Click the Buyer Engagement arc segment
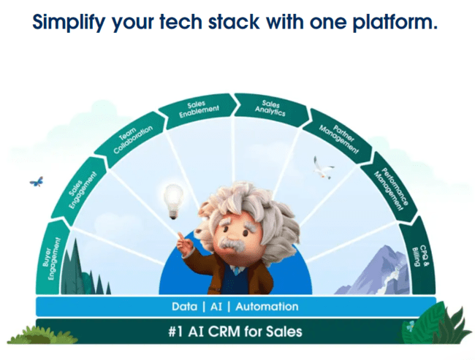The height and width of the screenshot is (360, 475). (x=50, y=255)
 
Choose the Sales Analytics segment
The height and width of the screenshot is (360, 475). (x=269, y=110)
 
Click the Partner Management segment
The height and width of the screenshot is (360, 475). (x=337, y=139)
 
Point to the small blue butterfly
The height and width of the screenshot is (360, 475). (x=36, y=180)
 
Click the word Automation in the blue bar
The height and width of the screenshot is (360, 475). (x=266, y=307)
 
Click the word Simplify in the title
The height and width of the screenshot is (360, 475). (x=71, y=23)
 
